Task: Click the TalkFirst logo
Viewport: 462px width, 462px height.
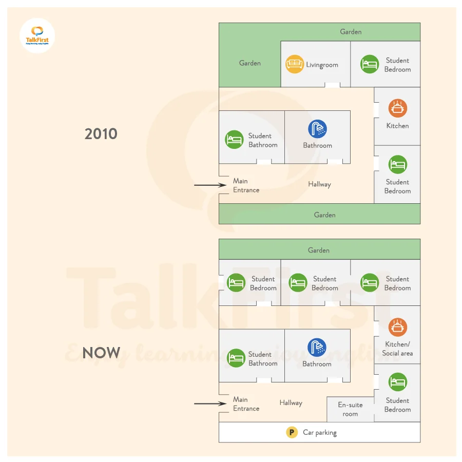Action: (37, 35)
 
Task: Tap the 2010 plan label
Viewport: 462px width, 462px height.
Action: (101, 134)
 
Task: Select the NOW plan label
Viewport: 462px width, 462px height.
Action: (101, 353)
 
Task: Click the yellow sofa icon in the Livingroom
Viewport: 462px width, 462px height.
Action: (295, 64)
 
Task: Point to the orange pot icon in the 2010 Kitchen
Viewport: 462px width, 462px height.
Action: (397, 108)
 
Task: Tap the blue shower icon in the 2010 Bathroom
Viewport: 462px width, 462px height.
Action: (317, 129)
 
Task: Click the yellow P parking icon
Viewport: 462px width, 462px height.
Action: (292, 432)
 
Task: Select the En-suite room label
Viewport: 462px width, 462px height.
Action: (350, 409)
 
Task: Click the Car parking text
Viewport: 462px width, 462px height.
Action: (320, 433)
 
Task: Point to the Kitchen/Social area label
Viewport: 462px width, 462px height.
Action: (397, 349)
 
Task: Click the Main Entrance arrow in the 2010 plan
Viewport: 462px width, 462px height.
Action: (210, 185)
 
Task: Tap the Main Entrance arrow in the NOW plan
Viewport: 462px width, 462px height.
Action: (210, 403)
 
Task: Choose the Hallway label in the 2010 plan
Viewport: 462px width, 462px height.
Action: (319, 184)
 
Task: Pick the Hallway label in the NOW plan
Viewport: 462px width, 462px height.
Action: (291, 403)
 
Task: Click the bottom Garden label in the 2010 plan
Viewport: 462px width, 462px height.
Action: (324, 215)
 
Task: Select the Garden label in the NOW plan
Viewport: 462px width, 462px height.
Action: (318, 250)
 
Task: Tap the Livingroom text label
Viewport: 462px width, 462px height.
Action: (322, 65)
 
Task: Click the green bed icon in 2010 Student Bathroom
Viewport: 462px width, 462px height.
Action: (234, 140)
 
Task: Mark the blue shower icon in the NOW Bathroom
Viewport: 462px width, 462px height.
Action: (317, 348)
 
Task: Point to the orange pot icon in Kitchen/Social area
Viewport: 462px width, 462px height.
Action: (397, 327)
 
